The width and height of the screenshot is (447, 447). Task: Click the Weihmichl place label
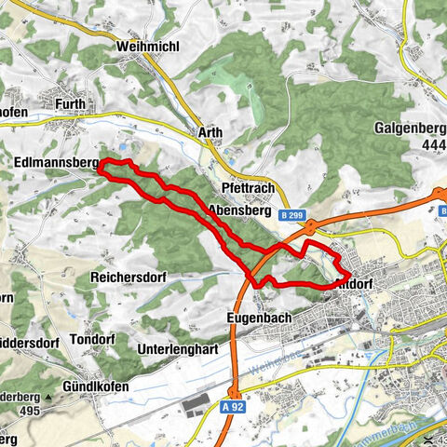point(142,46)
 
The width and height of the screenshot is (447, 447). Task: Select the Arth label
point(210,133)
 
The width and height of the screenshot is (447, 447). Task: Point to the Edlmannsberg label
point(57,163)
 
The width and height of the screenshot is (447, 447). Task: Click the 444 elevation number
point(434,145)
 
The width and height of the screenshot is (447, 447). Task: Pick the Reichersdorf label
point(129,278)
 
